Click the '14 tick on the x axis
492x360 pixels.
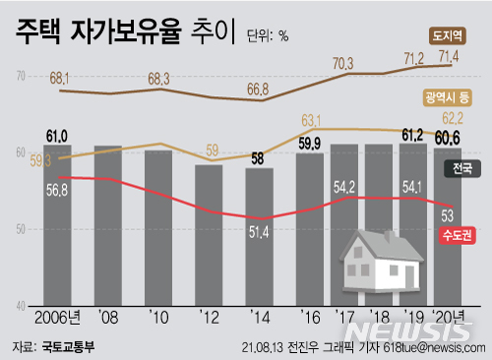pyautogui.click(x=260, y=318)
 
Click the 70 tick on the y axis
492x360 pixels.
pyautogui.click(x=21, y=75)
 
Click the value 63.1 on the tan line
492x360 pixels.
pyautogui.click(x=312, y=120)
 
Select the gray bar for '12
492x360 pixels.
pyautogui.click(x=209, y=236)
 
